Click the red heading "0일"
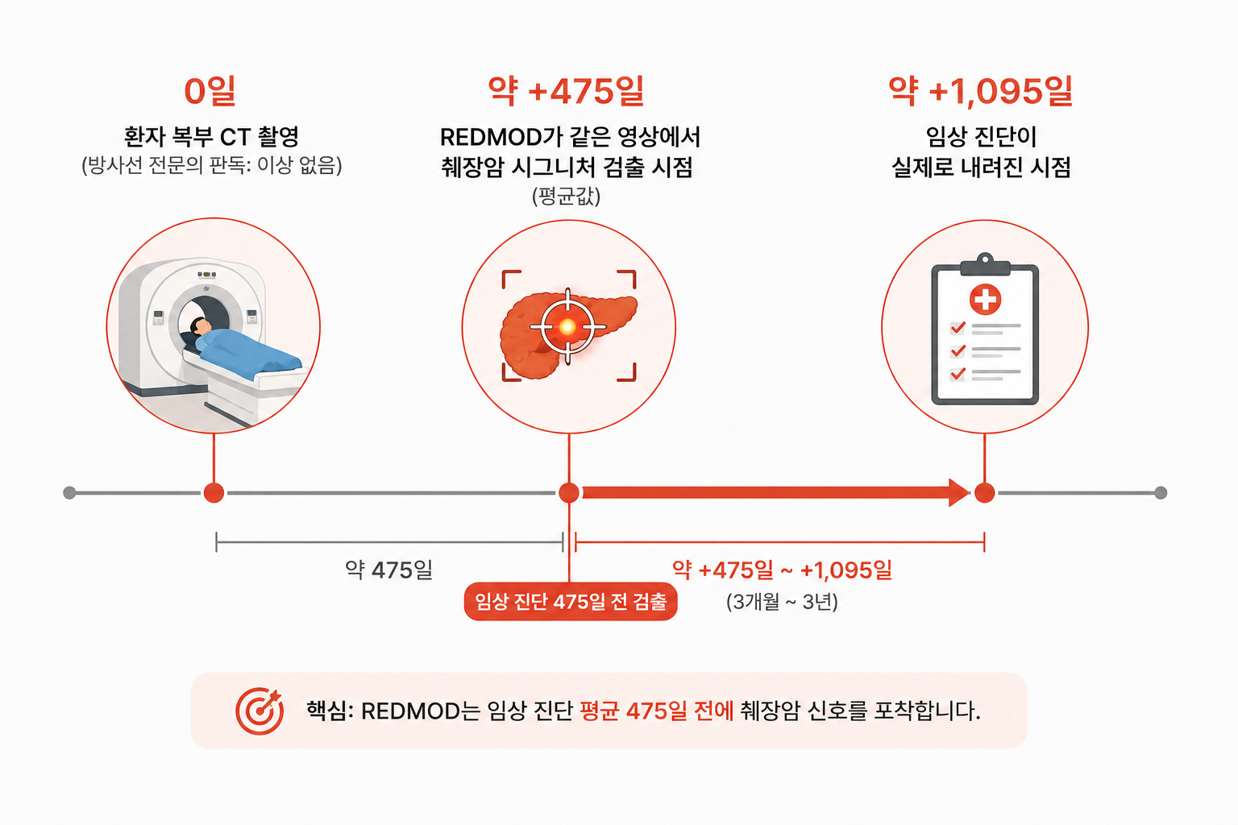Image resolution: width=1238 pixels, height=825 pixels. click(210, 91)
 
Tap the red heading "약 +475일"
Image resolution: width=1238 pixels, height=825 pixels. click(567, 91)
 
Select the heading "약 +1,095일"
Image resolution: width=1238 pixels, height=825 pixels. click(981, 91)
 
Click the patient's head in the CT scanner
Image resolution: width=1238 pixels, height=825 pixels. click(201, 326)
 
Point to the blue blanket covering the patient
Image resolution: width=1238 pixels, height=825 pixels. click(249, 352)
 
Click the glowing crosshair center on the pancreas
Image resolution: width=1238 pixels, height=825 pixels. click(567, 327)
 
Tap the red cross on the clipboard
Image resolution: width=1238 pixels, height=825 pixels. click(985, 300)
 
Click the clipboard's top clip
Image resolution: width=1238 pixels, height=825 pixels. click(985, 265)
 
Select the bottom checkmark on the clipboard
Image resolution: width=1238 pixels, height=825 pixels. click(958, 374)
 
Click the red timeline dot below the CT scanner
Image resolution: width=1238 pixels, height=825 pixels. click(214, 492)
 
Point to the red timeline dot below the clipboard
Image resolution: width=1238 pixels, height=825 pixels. click(984, 492)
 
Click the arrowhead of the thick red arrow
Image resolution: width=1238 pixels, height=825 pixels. click(959, 492)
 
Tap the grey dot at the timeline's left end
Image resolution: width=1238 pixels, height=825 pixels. click(69, 492)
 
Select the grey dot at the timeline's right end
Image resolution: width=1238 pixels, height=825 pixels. click(1161, 492)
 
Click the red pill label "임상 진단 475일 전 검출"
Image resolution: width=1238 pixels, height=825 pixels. click(571, 601)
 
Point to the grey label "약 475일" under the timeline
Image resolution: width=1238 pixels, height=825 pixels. click(389, 570)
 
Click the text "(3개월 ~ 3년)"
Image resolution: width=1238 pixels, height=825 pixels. click(782, 601)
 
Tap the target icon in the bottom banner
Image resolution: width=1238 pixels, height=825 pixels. click(260, 711)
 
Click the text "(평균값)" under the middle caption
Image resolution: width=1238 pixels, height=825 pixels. click(566, 196)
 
